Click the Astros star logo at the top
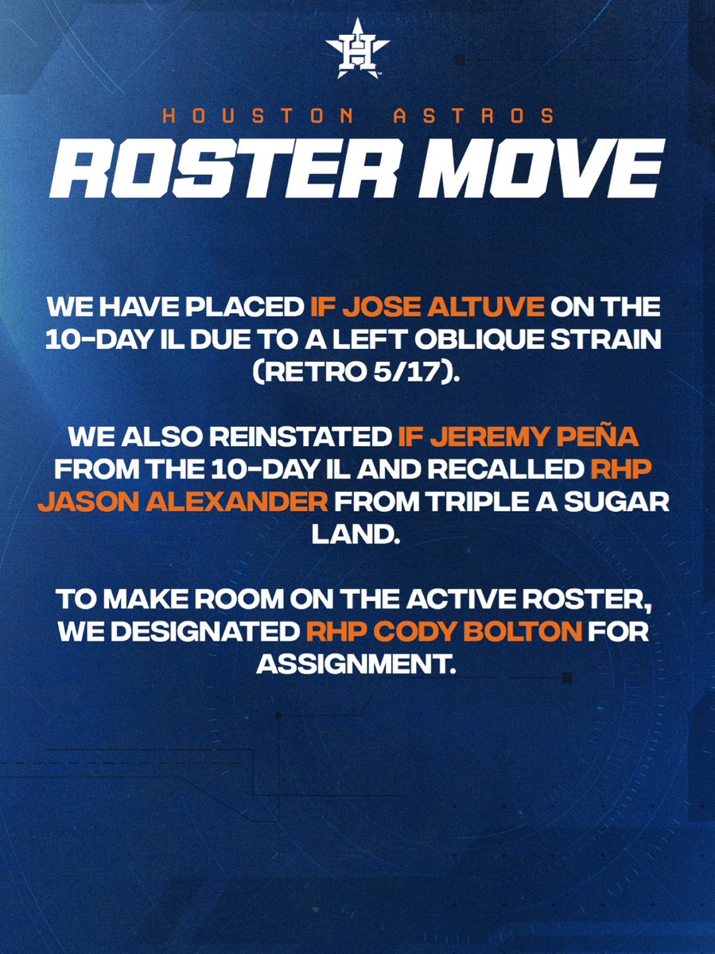357,48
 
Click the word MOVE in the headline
542,169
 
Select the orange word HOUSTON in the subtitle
258,116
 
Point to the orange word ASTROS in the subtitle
474,116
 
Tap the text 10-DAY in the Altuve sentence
100,340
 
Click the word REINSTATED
301,436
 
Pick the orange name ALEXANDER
237,502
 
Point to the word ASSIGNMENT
356,665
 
